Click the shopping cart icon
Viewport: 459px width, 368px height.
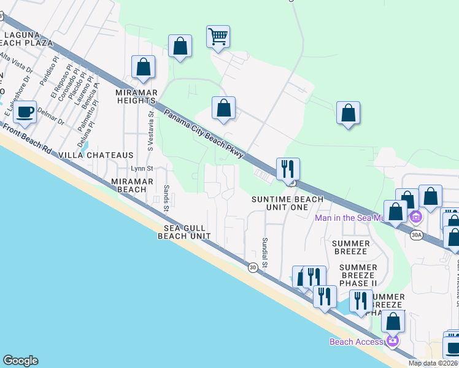(x=218, y=36)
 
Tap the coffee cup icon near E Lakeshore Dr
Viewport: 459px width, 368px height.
(x=25, y=112)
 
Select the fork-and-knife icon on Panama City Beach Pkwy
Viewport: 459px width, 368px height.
(x=288, y=168)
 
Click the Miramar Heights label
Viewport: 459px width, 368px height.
(x=136, y=96)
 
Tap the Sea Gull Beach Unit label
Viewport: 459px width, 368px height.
(x=187, y=231)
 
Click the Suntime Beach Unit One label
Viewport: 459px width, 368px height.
(x=288, y=203)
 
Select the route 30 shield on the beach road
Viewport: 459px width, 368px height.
(x=253, y=267)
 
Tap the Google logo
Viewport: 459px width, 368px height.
(x=20, y=361)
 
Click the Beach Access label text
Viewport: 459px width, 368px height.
(x=357, y=342)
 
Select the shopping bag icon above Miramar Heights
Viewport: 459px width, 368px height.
(x=143, y=67)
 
